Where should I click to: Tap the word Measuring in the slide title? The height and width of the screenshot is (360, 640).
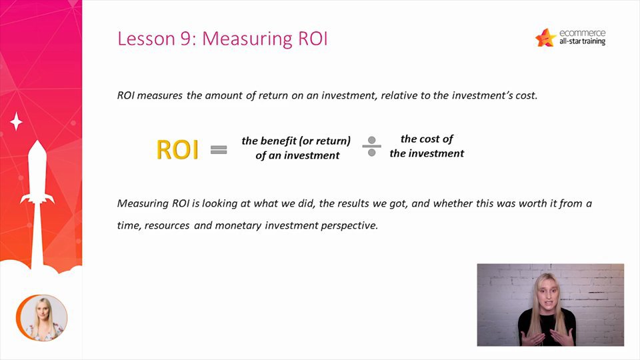247,39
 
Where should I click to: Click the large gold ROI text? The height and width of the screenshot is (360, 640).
177,150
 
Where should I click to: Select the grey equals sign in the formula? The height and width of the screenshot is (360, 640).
219,150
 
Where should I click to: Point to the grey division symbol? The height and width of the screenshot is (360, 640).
371,147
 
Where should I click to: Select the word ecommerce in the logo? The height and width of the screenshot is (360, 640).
583,33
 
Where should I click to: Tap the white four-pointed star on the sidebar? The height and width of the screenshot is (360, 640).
16,121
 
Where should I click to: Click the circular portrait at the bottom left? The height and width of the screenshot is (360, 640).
41,317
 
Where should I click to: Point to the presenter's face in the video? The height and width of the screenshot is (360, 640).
546,291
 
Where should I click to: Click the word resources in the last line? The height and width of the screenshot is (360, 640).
167,226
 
